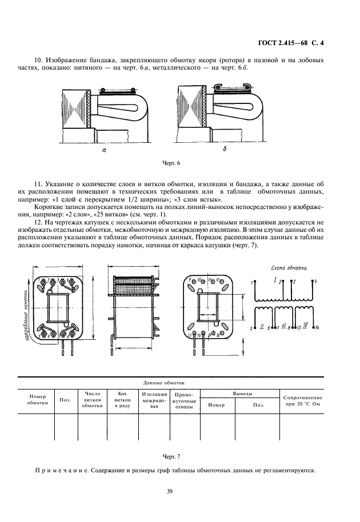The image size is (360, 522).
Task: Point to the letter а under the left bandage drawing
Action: (x=104, y=151)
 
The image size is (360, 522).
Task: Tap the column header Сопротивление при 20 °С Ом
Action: (x=302, y=401)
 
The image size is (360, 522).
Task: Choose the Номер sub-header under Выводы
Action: (x=217, y=405)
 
